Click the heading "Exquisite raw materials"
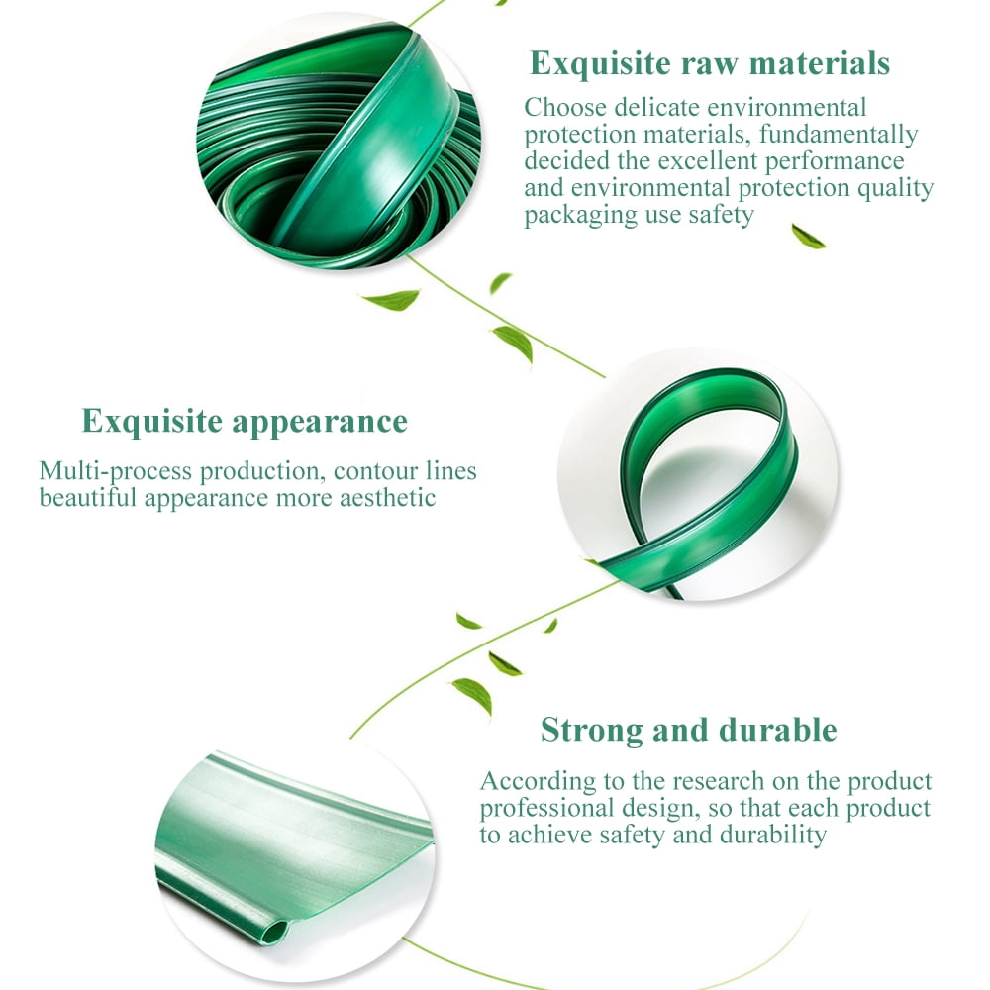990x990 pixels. pyautogui.click(x=710, y=63)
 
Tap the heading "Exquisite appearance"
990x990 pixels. pyautogui.click(x=245, y=422)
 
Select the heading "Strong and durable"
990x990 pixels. pyautogui.click(x=689, y=731)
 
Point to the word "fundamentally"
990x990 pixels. pyautogui.click(x=839, y=135)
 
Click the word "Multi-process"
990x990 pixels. pyautogui.click(x=116, y=472)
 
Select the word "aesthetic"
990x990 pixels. pyautogui.click(x=388, y=498)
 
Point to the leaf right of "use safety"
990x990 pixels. pyautogui.click(x=808, y=237)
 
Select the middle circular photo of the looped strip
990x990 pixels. pyautogui.click(x=698, y=475)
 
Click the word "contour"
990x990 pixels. pyautogui.click(x=375, y=472)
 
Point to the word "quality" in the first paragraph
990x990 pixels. pyautogui.click(x=895, y=189)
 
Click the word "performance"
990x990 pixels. pyautogui.click(x=835, y=162)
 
